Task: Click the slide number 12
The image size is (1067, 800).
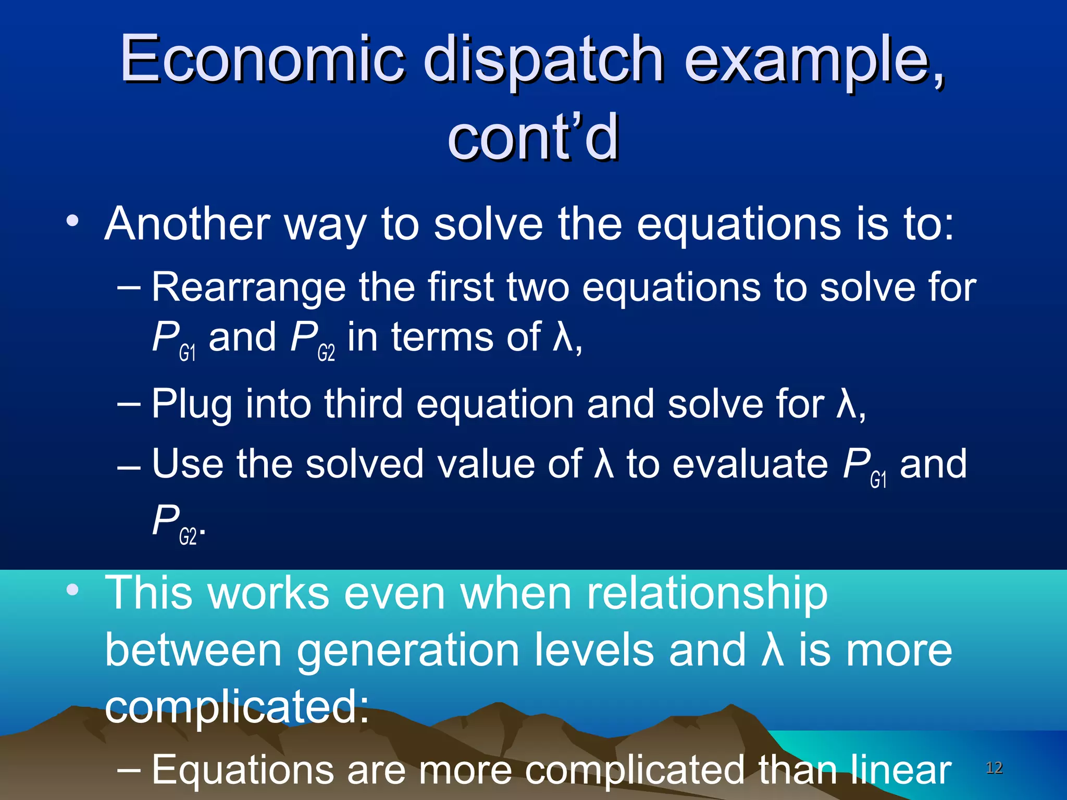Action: tap(994, 768)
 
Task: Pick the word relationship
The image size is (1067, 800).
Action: tap(707, 594)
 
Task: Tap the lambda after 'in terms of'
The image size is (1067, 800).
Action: tap(562, 337)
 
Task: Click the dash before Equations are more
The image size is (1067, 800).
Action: tap(129, 770)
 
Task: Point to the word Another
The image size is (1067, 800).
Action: tap(187, 224)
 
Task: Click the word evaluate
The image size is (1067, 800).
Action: tap(750, 464)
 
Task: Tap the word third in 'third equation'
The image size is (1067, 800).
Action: tap(363, 404)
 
